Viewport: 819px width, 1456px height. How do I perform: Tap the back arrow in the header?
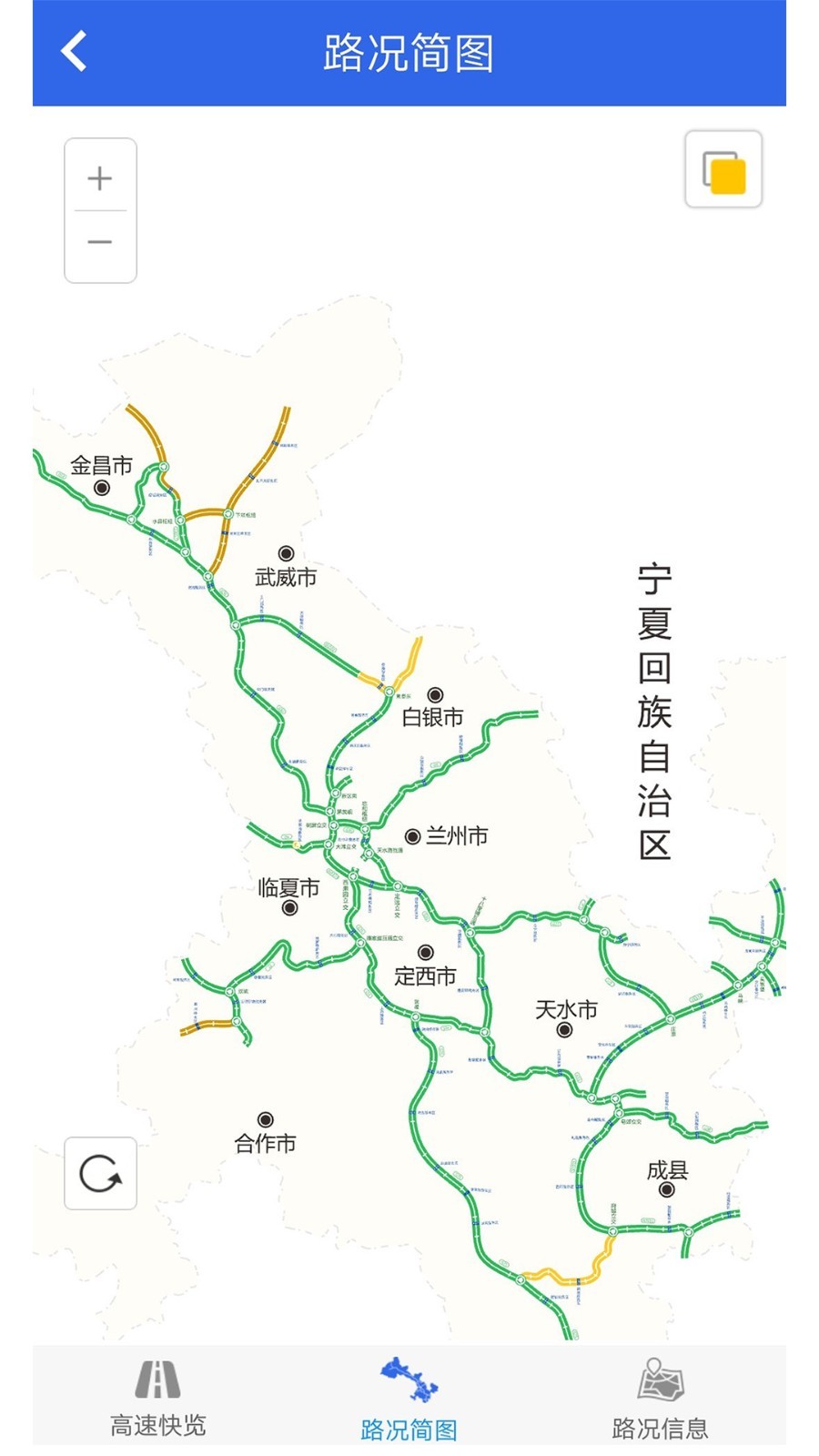[x=75, y=51]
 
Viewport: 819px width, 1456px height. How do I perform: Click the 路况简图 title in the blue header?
[x=409, y=53]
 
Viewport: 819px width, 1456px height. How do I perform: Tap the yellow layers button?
[x=723, y=170]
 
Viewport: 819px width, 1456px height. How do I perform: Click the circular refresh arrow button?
[x=100, y=1173]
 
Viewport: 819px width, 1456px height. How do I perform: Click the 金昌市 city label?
[x=102, y=466]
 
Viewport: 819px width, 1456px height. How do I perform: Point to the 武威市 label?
[x=286, y=577]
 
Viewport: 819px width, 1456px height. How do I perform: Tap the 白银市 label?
[x=433, y=717]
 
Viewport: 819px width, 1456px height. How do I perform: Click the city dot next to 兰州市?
[x=412, y=836]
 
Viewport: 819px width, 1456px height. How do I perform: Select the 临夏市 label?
[x=288, y=887]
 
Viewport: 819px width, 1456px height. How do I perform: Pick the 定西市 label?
[x=425, y=976]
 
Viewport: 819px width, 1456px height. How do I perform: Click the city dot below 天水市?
[x=564, y=1030]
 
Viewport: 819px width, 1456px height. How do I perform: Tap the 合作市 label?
[x=266, y=1143]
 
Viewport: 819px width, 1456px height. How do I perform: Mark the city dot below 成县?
[x=667, y=1189]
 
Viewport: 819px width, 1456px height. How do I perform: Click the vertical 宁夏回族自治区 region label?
[x=654, y=713]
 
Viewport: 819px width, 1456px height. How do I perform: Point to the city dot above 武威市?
[x=286, y=553]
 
